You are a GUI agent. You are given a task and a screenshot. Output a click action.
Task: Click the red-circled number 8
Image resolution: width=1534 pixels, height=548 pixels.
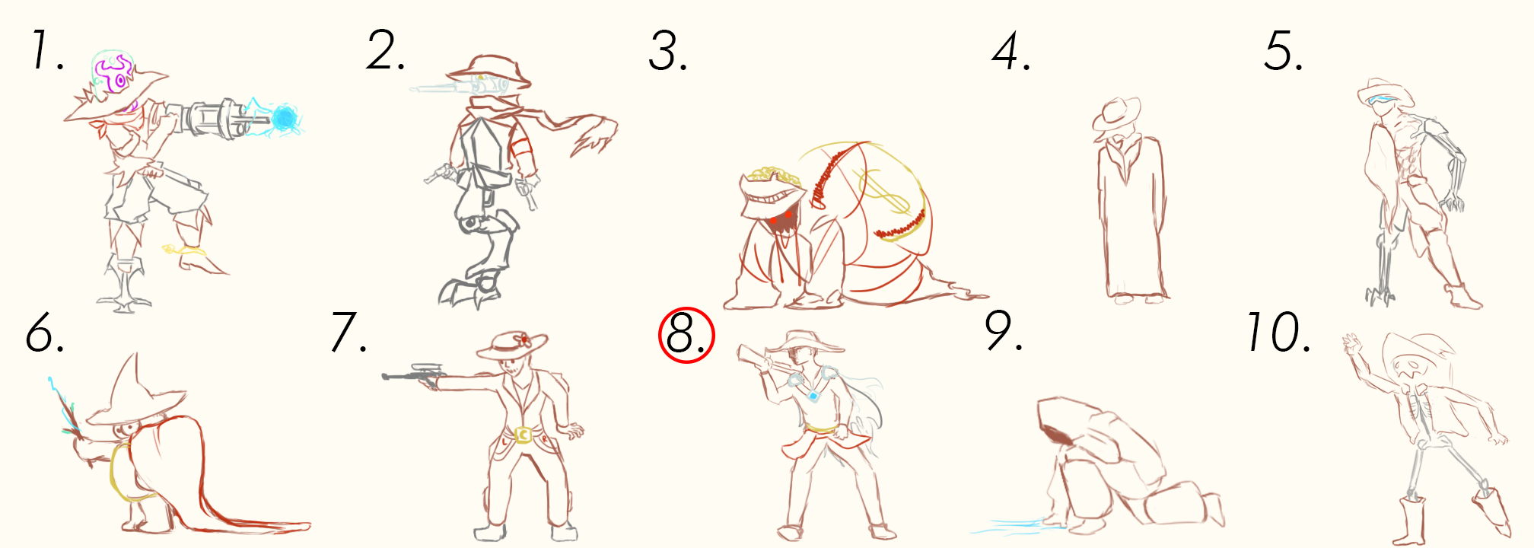[x=686, y=335]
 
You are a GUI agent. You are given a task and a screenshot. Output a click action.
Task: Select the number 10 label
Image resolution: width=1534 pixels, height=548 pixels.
[x=1278, y=333]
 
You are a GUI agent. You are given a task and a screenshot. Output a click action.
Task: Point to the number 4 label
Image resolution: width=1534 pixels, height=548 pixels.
[x=1011, y=53]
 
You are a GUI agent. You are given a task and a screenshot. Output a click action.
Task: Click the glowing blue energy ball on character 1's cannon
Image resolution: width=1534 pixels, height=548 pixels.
[x=285, y=118]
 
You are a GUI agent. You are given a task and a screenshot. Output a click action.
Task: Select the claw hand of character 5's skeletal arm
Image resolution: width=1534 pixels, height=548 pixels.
[x=1452, y=201]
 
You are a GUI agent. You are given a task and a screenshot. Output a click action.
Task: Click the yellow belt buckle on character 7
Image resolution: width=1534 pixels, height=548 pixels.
[x=523, y=435]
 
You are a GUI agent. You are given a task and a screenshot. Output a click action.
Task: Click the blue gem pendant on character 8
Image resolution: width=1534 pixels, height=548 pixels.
[x=813, y=396]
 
